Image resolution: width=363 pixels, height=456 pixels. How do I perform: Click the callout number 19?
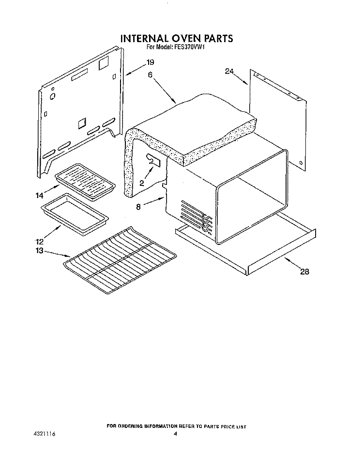pos(151,62)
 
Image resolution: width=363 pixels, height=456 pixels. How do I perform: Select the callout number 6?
pos(150,75)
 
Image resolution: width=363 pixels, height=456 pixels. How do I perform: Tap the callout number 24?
pos(229,71)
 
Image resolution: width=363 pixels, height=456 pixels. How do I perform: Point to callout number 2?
pos(142,183)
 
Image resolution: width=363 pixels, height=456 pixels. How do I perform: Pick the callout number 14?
pos(39,196)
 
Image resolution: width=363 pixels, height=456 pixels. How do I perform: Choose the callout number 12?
pos(39,241)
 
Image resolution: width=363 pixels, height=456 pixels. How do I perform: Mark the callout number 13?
pos(39,251)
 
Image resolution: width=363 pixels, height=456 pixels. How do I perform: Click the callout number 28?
pos(304,272)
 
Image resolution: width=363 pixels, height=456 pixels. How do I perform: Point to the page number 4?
pos(176,434)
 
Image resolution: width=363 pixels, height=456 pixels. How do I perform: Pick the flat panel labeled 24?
pos(278,121)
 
